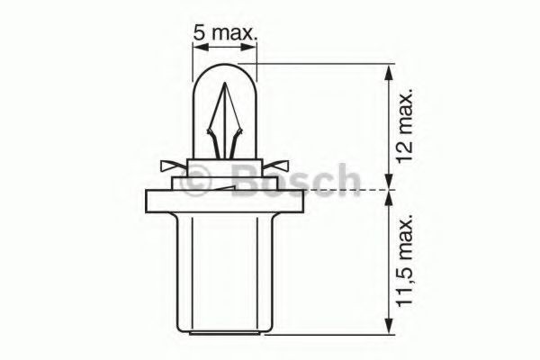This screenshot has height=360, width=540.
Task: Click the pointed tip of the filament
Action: click(x=224, y=88)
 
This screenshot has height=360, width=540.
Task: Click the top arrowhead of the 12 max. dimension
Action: click(x=389, y=70)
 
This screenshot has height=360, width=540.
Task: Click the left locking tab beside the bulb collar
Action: click(x=170, y=166)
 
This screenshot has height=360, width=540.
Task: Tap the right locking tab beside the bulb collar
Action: click(x=280, y=166)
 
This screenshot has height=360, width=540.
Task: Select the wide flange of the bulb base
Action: click(x=225, y=202)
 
